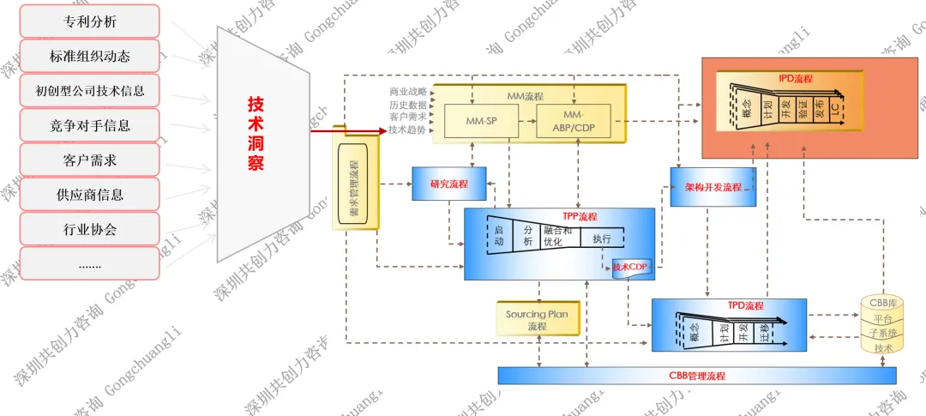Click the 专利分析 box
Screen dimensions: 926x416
click(x=90, y=21)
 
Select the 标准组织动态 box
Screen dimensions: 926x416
click(x=90, y=56)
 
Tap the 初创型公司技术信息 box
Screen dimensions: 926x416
click(x=90, y=90)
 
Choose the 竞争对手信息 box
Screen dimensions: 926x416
click(x=90, y=125)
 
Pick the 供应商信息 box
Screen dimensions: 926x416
click(x=90, y=195)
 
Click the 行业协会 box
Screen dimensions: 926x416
click(x=90, y=229)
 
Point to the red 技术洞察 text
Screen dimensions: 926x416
click(x=256, y=133)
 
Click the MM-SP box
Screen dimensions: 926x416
click(x=481, y=122)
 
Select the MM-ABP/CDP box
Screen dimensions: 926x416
click(x=574, y=122)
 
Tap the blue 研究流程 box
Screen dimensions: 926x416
click(x=448, y=184)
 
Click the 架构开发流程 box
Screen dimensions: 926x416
click(x=713, y=186)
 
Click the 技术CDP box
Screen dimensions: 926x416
click(x=632, y=267)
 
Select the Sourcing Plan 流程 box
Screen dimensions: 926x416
click(x=538, y=319)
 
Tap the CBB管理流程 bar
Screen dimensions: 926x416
click(x=696, y=376)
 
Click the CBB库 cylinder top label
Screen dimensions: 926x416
click(x=882, y=303)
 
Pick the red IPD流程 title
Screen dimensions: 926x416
click(x=795, y=78)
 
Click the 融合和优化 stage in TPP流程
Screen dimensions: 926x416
click(x=557, y=236)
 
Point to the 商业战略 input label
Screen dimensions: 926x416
click(x=407, y=92)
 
